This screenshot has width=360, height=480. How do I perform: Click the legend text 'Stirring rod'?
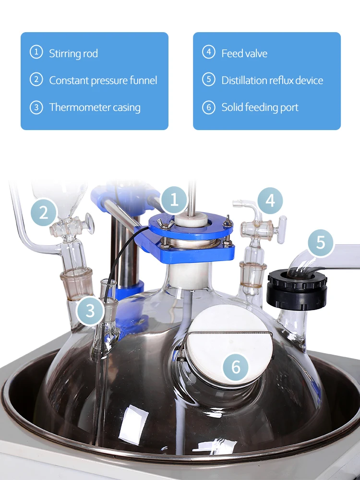(73, 53)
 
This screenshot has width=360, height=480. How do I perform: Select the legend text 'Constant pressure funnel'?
(103, 80)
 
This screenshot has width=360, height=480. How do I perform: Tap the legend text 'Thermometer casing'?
(95, 107)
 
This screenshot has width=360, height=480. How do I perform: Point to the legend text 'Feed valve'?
(244, 53)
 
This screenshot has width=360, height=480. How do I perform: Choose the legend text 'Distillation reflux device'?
(272, 80)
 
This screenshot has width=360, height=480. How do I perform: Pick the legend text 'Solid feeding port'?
(260, 107)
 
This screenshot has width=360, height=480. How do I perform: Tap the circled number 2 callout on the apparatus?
(44, 212)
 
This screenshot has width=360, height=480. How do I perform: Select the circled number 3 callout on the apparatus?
(90, 311)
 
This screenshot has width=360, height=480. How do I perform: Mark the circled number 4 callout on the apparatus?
(270, 200)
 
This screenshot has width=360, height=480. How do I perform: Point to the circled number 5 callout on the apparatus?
(321, 243)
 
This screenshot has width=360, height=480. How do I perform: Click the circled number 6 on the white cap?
(236, 367)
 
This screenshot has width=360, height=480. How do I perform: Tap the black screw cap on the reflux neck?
(297, 289)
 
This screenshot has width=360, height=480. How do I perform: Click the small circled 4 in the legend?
(208, 52)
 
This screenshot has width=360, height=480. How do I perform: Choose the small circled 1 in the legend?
(36, 52)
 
